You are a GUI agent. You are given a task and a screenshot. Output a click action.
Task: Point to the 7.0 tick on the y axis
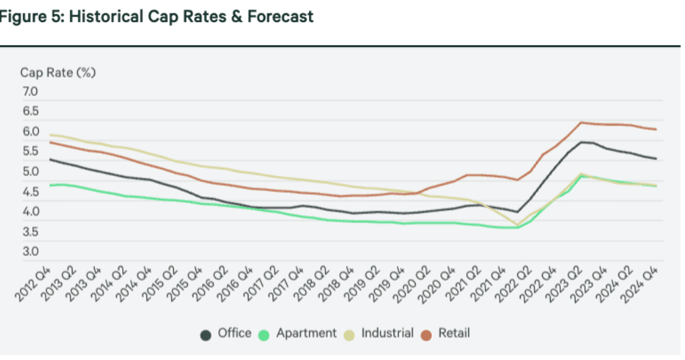[x=31, y=91]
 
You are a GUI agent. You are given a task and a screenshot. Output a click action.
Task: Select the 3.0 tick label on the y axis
[x=31, y=253]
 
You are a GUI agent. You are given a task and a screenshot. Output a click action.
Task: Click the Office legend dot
[x=207, y=334]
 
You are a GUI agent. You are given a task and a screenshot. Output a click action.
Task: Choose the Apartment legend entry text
[x=306, y=333]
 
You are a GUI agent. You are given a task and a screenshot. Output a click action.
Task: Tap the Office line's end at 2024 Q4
[x=656, y=159]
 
